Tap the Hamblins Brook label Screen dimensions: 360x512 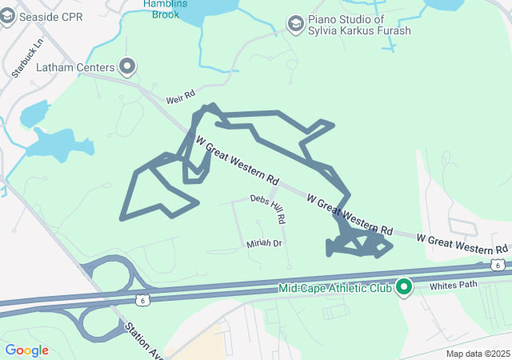pyautogui.click(x=166, y=7)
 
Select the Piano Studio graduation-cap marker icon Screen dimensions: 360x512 pyautogui.click(x=296, y=22)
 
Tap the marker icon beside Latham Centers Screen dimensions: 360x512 pyautogui.click(x=126, y=66)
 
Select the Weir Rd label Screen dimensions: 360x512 pyautogui.click(x=180, y=98)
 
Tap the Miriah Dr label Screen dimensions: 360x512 pyautogui.click(x=264, y=243)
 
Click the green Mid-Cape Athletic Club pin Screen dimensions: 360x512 pyautogui.click(x=404, y=286)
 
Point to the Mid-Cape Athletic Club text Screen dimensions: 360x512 pyautogui.click(x=335, y=288)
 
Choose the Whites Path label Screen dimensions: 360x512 pyautogui.click(x=453, y=285)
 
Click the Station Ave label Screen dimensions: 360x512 pyautogui.click(x=141, y=339)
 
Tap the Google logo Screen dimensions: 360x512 pyautogui.click(x=26, y=350)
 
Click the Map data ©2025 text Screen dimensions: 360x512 pyautogui.click(x=478, y=354)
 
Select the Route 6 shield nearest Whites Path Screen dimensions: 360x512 pyautogui.click(x=498, y=265)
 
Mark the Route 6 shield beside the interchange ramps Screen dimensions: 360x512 pyautogui.click(x=142, y=299)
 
